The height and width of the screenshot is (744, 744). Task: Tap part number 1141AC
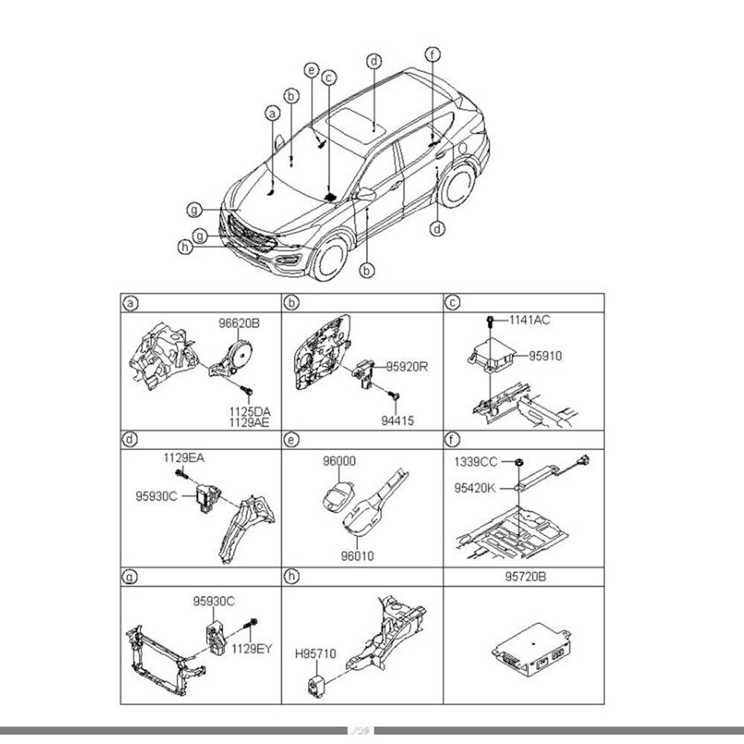[x=530, y=320]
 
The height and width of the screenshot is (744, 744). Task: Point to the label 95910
[x=546, y=356]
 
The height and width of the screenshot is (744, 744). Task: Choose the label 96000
[x=339, y=461]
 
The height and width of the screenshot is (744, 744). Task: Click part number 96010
[x=358, y=554]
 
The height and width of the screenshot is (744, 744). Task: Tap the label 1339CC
[x=475, y=462]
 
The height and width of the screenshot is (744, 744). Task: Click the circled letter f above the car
[x=433, y=54]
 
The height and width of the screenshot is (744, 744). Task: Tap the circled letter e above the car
[x=312, y=70]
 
